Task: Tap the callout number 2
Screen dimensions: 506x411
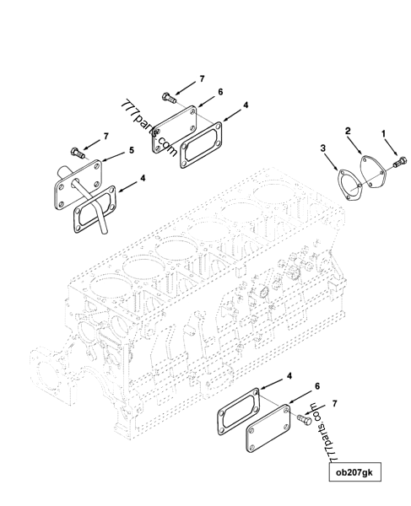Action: pos(347,132)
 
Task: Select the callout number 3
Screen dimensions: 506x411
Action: pos(323,148)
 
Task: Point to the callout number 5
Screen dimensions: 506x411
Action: pos(131,151)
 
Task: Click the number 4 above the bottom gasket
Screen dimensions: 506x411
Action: pos(268,374)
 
